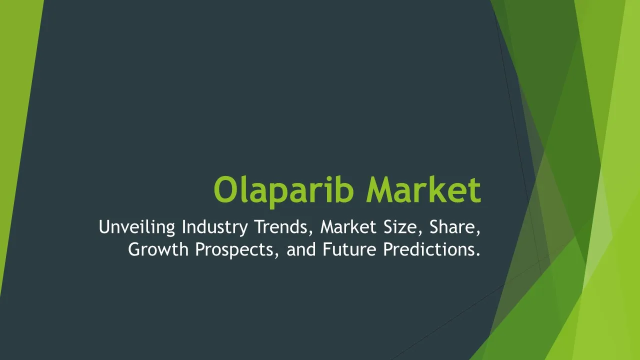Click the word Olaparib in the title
pos(284,190)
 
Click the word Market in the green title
pos(423,189)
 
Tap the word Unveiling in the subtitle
pos(137,227)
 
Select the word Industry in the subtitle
pos(215,227)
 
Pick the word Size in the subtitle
pos(402,227)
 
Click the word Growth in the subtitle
pos(158,249)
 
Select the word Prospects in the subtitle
pos(234,250)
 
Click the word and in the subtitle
pos(301,249)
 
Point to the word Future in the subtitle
pos(349,249)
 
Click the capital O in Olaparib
pos(226,189)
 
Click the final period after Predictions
pos(478,255)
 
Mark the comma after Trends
pos(309,233)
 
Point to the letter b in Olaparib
pos(344,189)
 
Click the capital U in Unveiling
pos(104,227)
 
